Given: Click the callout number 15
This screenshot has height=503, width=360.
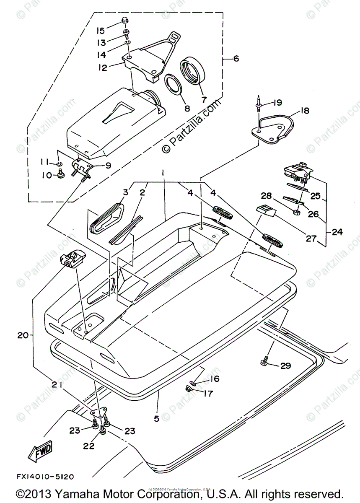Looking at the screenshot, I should tap(100, 31).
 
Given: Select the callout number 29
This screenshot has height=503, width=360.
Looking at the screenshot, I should tap(285, 366).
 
